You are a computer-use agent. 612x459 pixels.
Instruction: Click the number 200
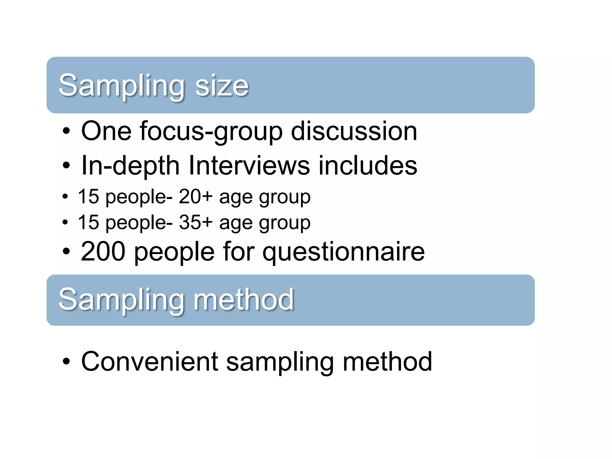[x=103, y=252]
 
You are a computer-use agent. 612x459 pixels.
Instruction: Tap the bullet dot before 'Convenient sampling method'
[x=66, y=362]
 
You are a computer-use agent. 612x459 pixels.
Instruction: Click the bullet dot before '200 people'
[x=66, y=252]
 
